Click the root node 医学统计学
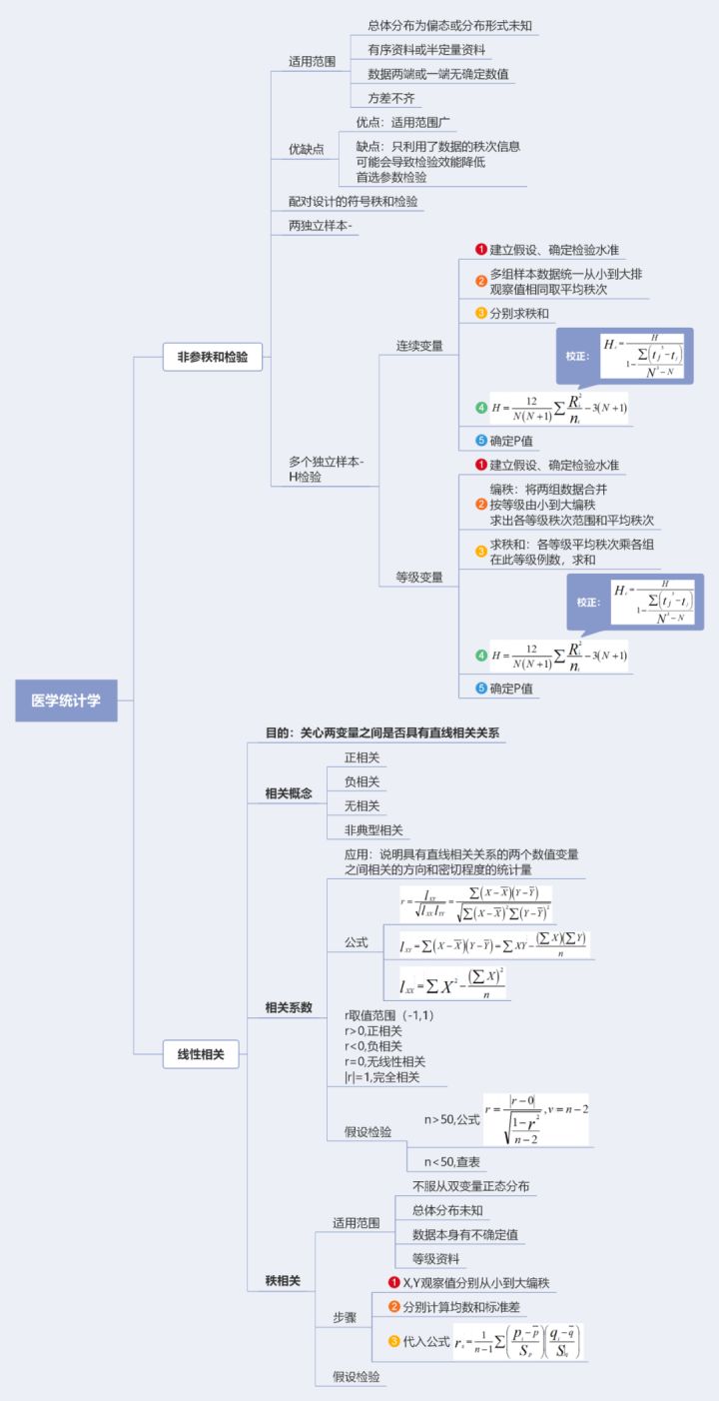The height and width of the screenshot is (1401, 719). (x=66, y=700)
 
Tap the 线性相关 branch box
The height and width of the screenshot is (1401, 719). (x=201, y=1053)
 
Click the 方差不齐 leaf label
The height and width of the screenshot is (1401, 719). (x=390, y=98)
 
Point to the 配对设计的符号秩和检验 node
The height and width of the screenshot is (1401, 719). (x=354, y=201)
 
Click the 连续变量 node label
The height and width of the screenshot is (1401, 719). (x=419, y=346)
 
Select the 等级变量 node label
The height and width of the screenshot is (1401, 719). (x=419, y=577)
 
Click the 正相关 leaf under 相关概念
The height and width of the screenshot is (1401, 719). (x=361, y=757)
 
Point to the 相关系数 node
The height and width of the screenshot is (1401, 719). (x=289, y=1007)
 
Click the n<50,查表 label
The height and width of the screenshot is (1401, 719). (x=452, y=1161)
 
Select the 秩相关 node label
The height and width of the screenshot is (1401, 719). (x=283, y=1279)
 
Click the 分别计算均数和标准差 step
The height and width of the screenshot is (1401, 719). (x=460, y=1306)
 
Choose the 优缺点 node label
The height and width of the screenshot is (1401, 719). (x=307, y=149)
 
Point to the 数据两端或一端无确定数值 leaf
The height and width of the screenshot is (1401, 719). (x=439, y=74)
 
